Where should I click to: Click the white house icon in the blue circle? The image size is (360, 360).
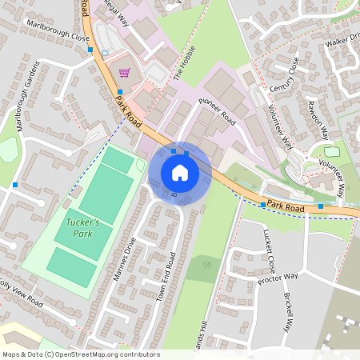click(x=180, y=173)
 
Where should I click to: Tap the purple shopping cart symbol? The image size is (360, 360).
click(x=123, y=73)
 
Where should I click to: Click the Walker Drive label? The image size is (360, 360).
click(x=340, y=39)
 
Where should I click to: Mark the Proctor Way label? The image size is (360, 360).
click(x=278, y=276)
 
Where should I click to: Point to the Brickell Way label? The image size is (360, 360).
click(x=286, y=313)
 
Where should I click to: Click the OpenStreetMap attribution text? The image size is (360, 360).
click(x=81, y=354)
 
